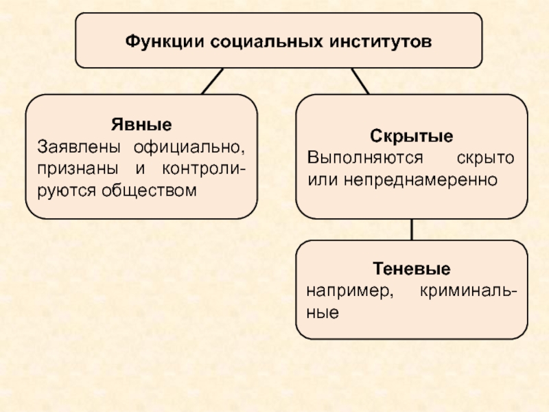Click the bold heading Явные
click(x=141, y=126)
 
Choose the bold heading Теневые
click(x=412, y=267)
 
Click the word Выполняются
click(x=364, y=157)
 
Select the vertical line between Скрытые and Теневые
click(x=412, y=230)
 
